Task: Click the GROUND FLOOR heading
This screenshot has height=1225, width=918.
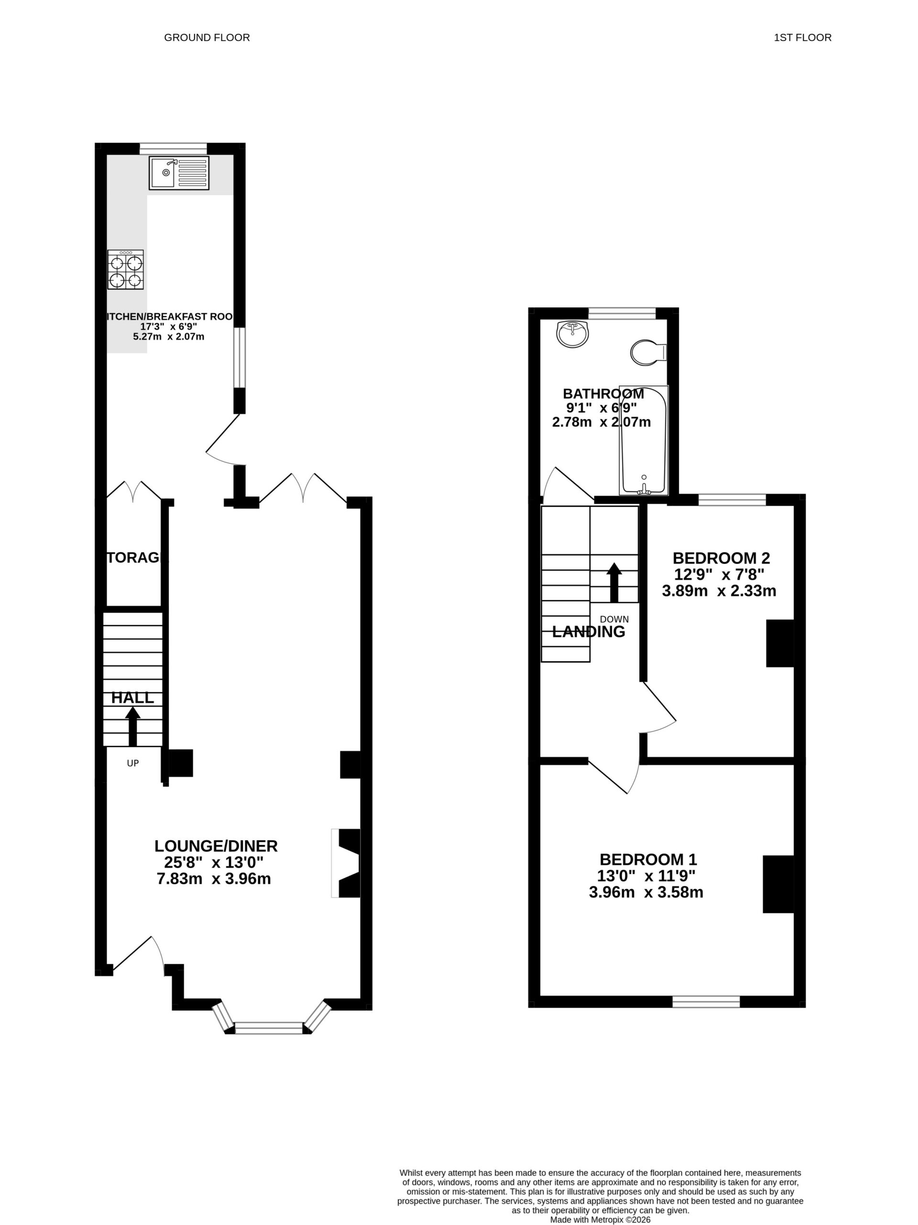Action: [207, 38]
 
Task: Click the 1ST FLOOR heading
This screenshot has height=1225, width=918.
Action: [802, 38]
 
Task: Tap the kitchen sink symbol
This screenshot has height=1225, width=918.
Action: [179, 173]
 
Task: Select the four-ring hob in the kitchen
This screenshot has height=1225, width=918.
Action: [125, 270]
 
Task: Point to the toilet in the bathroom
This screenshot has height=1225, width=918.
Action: [647, 352]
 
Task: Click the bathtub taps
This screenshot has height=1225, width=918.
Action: [643, 487]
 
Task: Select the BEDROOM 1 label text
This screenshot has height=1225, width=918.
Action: [648, 859]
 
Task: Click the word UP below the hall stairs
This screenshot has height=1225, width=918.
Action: [132, 763]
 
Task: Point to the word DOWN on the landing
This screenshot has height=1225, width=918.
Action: [614, 619]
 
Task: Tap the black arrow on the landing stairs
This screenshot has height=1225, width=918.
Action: [614, 583]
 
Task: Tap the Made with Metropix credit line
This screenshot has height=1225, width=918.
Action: [600, 1219]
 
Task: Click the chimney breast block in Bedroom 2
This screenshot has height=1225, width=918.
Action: [779, 643]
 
